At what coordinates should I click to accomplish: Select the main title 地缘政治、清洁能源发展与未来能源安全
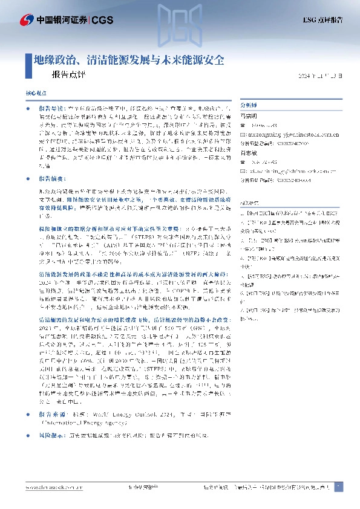click(129, 60)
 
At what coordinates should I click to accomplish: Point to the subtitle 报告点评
click(69, 77)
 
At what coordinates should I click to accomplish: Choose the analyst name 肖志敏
click(249, 154)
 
